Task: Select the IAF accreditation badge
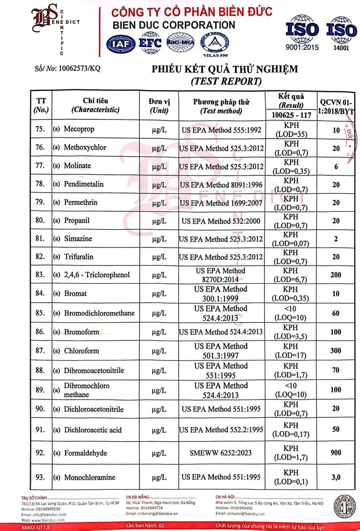[x=121, y=44]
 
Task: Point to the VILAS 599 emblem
[x=215, y=45]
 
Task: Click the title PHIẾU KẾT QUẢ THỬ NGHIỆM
[x=225, y=69]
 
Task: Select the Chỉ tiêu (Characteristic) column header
[x=95, y=105]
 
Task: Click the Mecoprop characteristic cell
[x=79, y=130]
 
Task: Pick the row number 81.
[x=40, y=239]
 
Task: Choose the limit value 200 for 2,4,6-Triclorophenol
[x=336, y=275]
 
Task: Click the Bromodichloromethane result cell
[x=291, y=313]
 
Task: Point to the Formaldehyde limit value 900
[x=336, y=453]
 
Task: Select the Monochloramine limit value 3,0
[x=336, y=477]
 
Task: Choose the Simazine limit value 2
[x=336, y=239]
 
